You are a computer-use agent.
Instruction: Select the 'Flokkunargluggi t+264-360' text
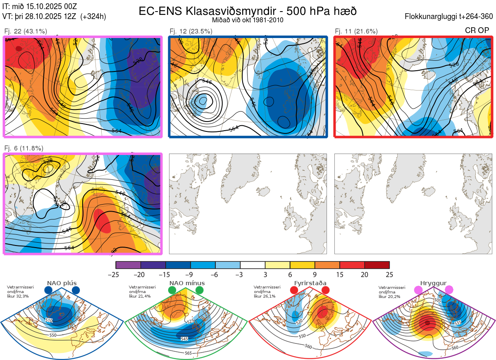coord(450,17)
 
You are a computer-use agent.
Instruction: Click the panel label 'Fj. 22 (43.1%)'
coord(26,31)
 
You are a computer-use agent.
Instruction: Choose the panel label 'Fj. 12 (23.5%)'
coord(191,31)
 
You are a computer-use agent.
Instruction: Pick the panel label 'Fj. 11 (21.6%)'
coord(356,31)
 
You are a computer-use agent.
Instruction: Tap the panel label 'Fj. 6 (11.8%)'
coord(24,148)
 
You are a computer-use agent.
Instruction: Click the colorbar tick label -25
coord(116,274)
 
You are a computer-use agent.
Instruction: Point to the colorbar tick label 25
coord(389,274)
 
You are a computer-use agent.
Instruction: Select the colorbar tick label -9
coord(190,274)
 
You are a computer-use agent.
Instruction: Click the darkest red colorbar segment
coord(377,265)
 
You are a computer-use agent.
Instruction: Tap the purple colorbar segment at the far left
coord(128,265)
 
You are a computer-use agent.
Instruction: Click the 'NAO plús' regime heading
coord(62,283)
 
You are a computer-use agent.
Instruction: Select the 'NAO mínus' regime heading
coord(187,283)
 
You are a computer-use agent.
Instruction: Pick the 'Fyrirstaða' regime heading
coord(310,283)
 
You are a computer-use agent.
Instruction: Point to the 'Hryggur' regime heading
coord(434,283)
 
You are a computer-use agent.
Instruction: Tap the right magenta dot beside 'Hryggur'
coord(449,290)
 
